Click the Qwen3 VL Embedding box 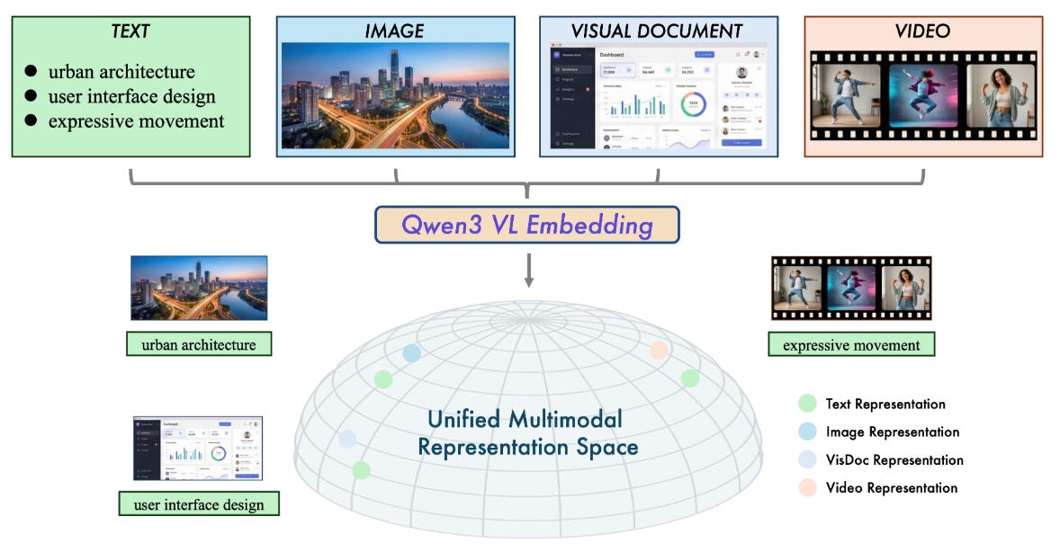pos(526,225)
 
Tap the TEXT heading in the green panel pos(130,31)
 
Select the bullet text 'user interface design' pos(131,96)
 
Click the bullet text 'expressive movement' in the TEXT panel pos(136,120)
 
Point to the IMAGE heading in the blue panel pos(394,31)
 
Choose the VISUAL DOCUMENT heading pos(657,31)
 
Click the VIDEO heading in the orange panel pos(922,31)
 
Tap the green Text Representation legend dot pos(807,404)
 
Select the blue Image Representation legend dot pos(807,432)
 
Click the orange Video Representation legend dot pos(807,487)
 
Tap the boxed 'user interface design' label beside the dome pos(199,504)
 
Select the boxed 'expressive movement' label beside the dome pos(850,344)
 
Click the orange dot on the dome pos(659,351)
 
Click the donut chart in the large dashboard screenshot pos(693,105)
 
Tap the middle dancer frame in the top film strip pos(923,95)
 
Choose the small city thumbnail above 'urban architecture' pos(199,288)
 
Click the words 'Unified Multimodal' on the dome pos(524,419)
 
